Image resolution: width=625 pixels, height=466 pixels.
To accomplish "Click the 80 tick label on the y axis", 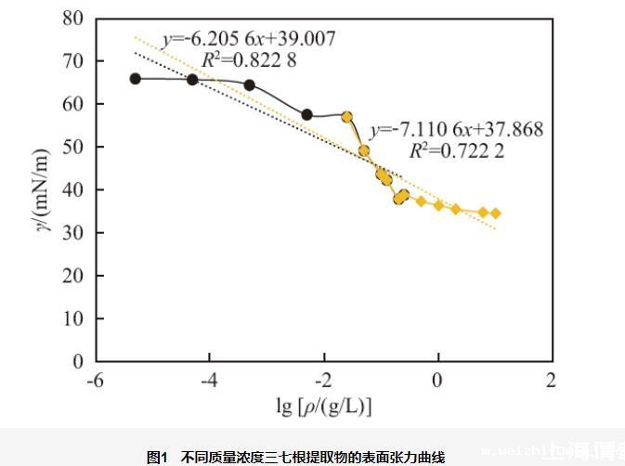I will (73, 19).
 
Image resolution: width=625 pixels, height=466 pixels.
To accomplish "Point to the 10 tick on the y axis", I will (73, 318).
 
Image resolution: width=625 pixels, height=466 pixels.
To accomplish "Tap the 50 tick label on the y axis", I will (73, 147).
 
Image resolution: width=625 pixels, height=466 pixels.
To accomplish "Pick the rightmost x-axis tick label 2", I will (552, 381).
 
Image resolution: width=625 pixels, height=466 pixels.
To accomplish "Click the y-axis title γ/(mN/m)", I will (42, 189).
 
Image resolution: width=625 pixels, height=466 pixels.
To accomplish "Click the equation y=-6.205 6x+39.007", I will (249, 39).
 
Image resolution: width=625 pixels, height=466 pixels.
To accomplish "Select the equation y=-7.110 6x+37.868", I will (457, 130).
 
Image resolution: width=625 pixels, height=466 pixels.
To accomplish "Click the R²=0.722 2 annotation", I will (457, 150).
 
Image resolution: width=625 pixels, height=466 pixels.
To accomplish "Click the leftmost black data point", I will (136, 79).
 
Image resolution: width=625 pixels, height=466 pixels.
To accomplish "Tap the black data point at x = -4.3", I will (192, 80).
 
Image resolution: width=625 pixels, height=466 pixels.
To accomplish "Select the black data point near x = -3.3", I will (249, 84).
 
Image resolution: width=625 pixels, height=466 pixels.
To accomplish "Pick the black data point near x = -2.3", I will (306, 114).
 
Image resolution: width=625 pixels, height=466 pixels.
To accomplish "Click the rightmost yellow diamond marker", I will (495, 214).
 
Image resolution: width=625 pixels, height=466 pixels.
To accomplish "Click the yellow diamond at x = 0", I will (438, 205).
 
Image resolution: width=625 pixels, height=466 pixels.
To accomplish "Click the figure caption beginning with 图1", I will (296, 457).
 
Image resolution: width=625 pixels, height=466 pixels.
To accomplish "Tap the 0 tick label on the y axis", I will (78, 361).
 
